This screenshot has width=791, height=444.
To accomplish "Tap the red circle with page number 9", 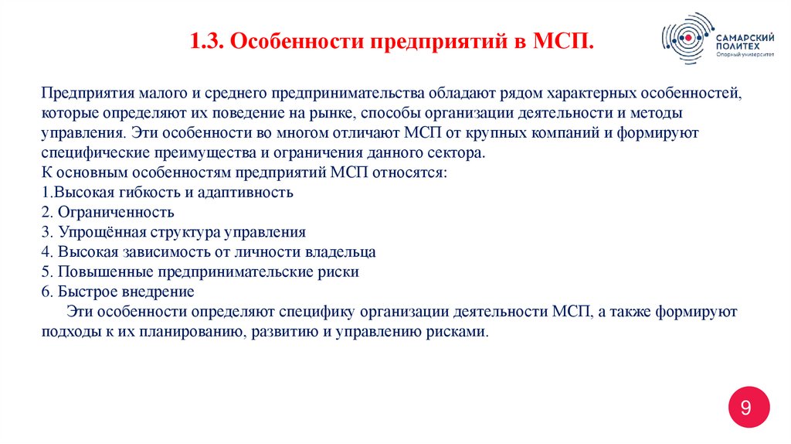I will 746,408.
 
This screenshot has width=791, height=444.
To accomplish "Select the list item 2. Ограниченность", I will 107,212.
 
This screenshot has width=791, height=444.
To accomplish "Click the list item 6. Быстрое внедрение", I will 117,292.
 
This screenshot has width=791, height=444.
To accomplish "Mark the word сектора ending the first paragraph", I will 461,152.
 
